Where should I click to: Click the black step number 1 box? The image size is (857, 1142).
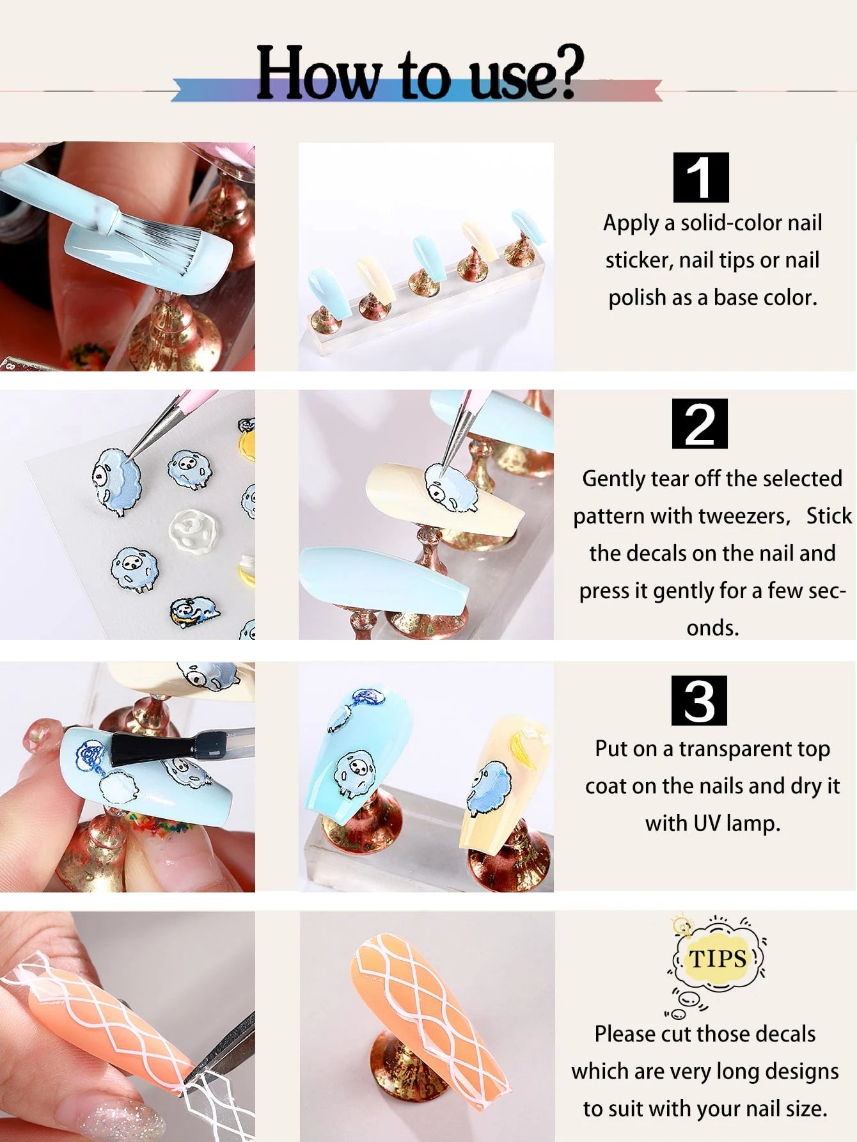click(x=701, y=177)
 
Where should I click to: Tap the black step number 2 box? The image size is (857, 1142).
click(x=700, y=424)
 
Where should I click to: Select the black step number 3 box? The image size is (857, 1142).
click(x=699, y=701)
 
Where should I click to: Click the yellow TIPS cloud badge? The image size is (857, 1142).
click(x=718, y=958)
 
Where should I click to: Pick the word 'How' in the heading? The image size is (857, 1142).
click(x=318, y=74)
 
